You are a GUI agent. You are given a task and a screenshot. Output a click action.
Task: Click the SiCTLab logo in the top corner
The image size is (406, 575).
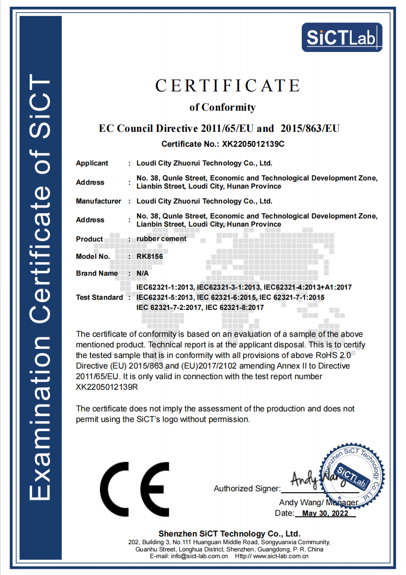click(342, 37)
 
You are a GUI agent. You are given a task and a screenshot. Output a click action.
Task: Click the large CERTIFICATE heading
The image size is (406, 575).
click(227, 86)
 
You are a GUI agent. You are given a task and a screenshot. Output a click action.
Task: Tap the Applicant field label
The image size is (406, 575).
click(92, 163)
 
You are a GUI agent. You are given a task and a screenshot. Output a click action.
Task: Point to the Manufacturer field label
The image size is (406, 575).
click(98, 201)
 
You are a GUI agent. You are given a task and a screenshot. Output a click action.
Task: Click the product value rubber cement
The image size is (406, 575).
click(161, 238)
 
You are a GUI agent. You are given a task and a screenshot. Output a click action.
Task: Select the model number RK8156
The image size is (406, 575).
click(149, 256)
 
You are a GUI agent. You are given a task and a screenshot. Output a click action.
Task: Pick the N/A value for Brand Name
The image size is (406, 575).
click(143, 273)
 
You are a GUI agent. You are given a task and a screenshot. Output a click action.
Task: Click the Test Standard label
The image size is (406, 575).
click(99, 297)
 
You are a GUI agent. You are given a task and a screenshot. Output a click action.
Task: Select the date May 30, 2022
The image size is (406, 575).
click(325, 513)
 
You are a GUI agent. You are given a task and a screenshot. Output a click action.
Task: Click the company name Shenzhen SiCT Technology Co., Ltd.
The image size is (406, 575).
click(229, 534)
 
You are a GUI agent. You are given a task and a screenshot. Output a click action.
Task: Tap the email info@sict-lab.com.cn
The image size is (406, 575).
click(197, 556)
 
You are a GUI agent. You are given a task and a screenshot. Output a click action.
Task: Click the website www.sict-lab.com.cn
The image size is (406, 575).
click(281, 556)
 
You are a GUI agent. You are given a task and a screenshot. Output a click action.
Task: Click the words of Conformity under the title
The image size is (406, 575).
click(222, 107)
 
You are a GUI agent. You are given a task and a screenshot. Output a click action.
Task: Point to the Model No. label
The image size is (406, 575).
click(93, 256)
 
